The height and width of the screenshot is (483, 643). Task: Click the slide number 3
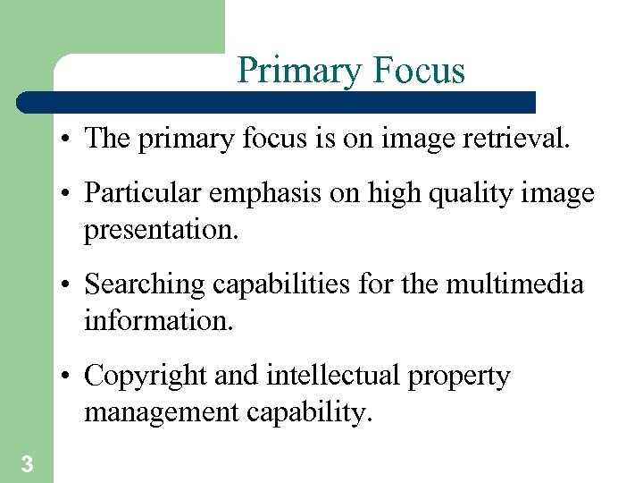click(x=27, y=463)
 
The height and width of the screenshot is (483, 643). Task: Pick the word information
click(x=158, y=319)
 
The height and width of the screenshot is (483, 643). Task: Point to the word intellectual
click(x=333, y=377)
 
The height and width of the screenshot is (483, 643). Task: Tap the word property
click(x=459, y=377)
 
